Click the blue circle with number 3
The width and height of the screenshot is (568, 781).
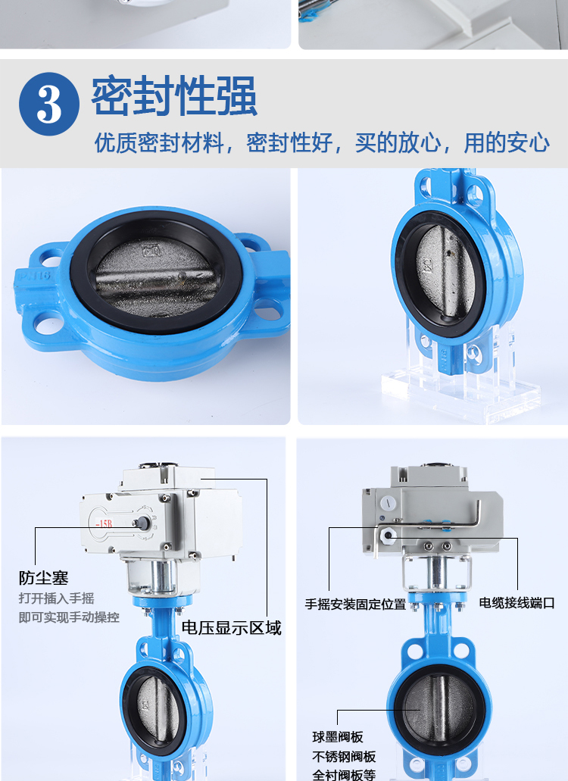pyautogui.click(x=48, y=104)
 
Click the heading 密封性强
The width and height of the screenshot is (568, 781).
pyautogui.click(x=174, y=96)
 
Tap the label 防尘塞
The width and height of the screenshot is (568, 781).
pyautogui.click(x=44, y=578)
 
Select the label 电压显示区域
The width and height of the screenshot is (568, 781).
pyautogui.click(x=232, y=627)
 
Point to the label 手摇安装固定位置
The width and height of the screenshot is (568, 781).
pyautogui.click(x=355, y=604)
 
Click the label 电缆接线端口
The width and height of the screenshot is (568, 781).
pyautogui.click(x=517, y=603)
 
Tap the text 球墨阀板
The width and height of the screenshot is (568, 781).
pyautogui.click(x=338, y=736)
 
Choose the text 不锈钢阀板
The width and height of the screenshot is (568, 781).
pyautogui.click(x=344, y=757)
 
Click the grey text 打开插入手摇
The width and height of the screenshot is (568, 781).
pyautogui.click(x=56, y=598)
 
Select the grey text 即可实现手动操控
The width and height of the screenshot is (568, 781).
pyautogui.click(x=69, y=617)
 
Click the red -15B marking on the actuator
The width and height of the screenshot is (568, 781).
pyautogui.click(x=104, y=523)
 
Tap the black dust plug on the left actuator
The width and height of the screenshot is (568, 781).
pyautogui.click(x=143, y=523)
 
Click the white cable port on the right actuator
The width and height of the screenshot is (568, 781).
pyautogui.click(x=387, y=536)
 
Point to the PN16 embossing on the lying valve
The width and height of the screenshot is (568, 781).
pyautogui.click(x=35, y=275)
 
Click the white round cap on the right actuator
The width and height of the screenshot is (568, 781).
pyautogui.click(x=389, y=502)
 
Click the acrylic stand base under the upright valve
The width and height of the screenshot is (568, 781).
pyautogui.click(x=460, y=393)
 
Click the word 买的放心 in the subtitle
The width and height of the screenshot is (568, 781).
pyautogui.click(x=398, y=143)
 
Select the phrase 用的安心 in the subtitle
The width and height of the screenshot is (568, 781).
pyautogui.click(x=507, y=143)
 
